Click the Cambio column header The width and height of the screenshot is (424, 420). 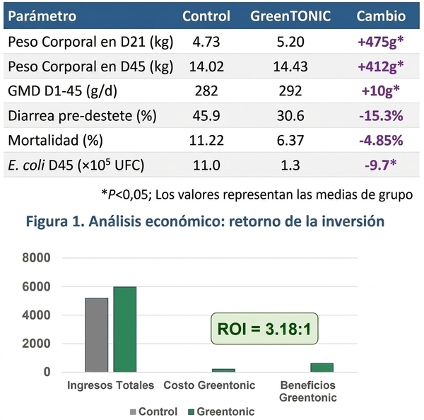click(x=381, y=16)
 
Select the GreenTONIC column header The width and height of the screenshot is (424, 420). click(x=290, y=16)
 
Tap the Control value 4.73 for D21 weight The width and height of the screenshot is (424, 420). click(x=206, y=42)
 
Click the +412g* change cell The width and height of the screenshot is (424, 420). click(x=381, y=66)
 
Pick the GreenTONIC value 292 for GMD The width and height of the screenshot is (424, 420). click(x=290, y=91)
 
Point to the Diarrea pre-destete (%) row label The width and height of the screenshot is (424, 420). click(x=82, y=116)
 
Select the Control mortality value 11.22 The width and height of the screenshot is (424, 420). click(x=206, y=141)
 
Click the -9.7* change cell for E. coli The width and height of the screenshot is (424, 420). click(x=381, y=165)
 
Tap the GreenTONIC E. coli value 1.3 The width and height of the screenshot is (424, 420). click(x=290, y=165)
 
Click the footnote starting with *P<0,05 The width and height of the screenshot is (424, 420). click(x=257, y=194)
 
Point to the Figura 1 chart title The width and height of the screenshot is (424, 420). click(x=205, y=221)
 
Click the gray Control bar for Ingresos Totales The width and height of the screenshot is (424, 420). click(x=97, y=335)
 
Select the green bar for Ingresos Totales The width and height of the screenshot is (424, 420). click(x=125, y=329)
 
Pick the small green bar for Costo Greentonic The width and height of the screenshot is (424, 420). click(x=223, y=371)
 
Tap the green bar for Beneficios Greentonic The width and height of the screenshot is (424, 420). click(x=322, y=368)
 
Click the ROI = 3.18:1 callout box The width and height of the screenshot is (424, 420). click(x=264, y=329)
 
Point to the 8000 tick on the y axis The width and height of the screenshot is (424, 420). click(x=36, y=257)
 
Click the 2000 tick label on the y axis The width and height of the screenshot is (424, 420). click(x=36, y=344)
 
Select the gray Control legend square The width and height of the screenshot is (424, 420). click(x=133, y=412)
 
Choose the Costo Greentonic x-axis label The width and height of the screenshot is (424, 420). click(x=209, y=385)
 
